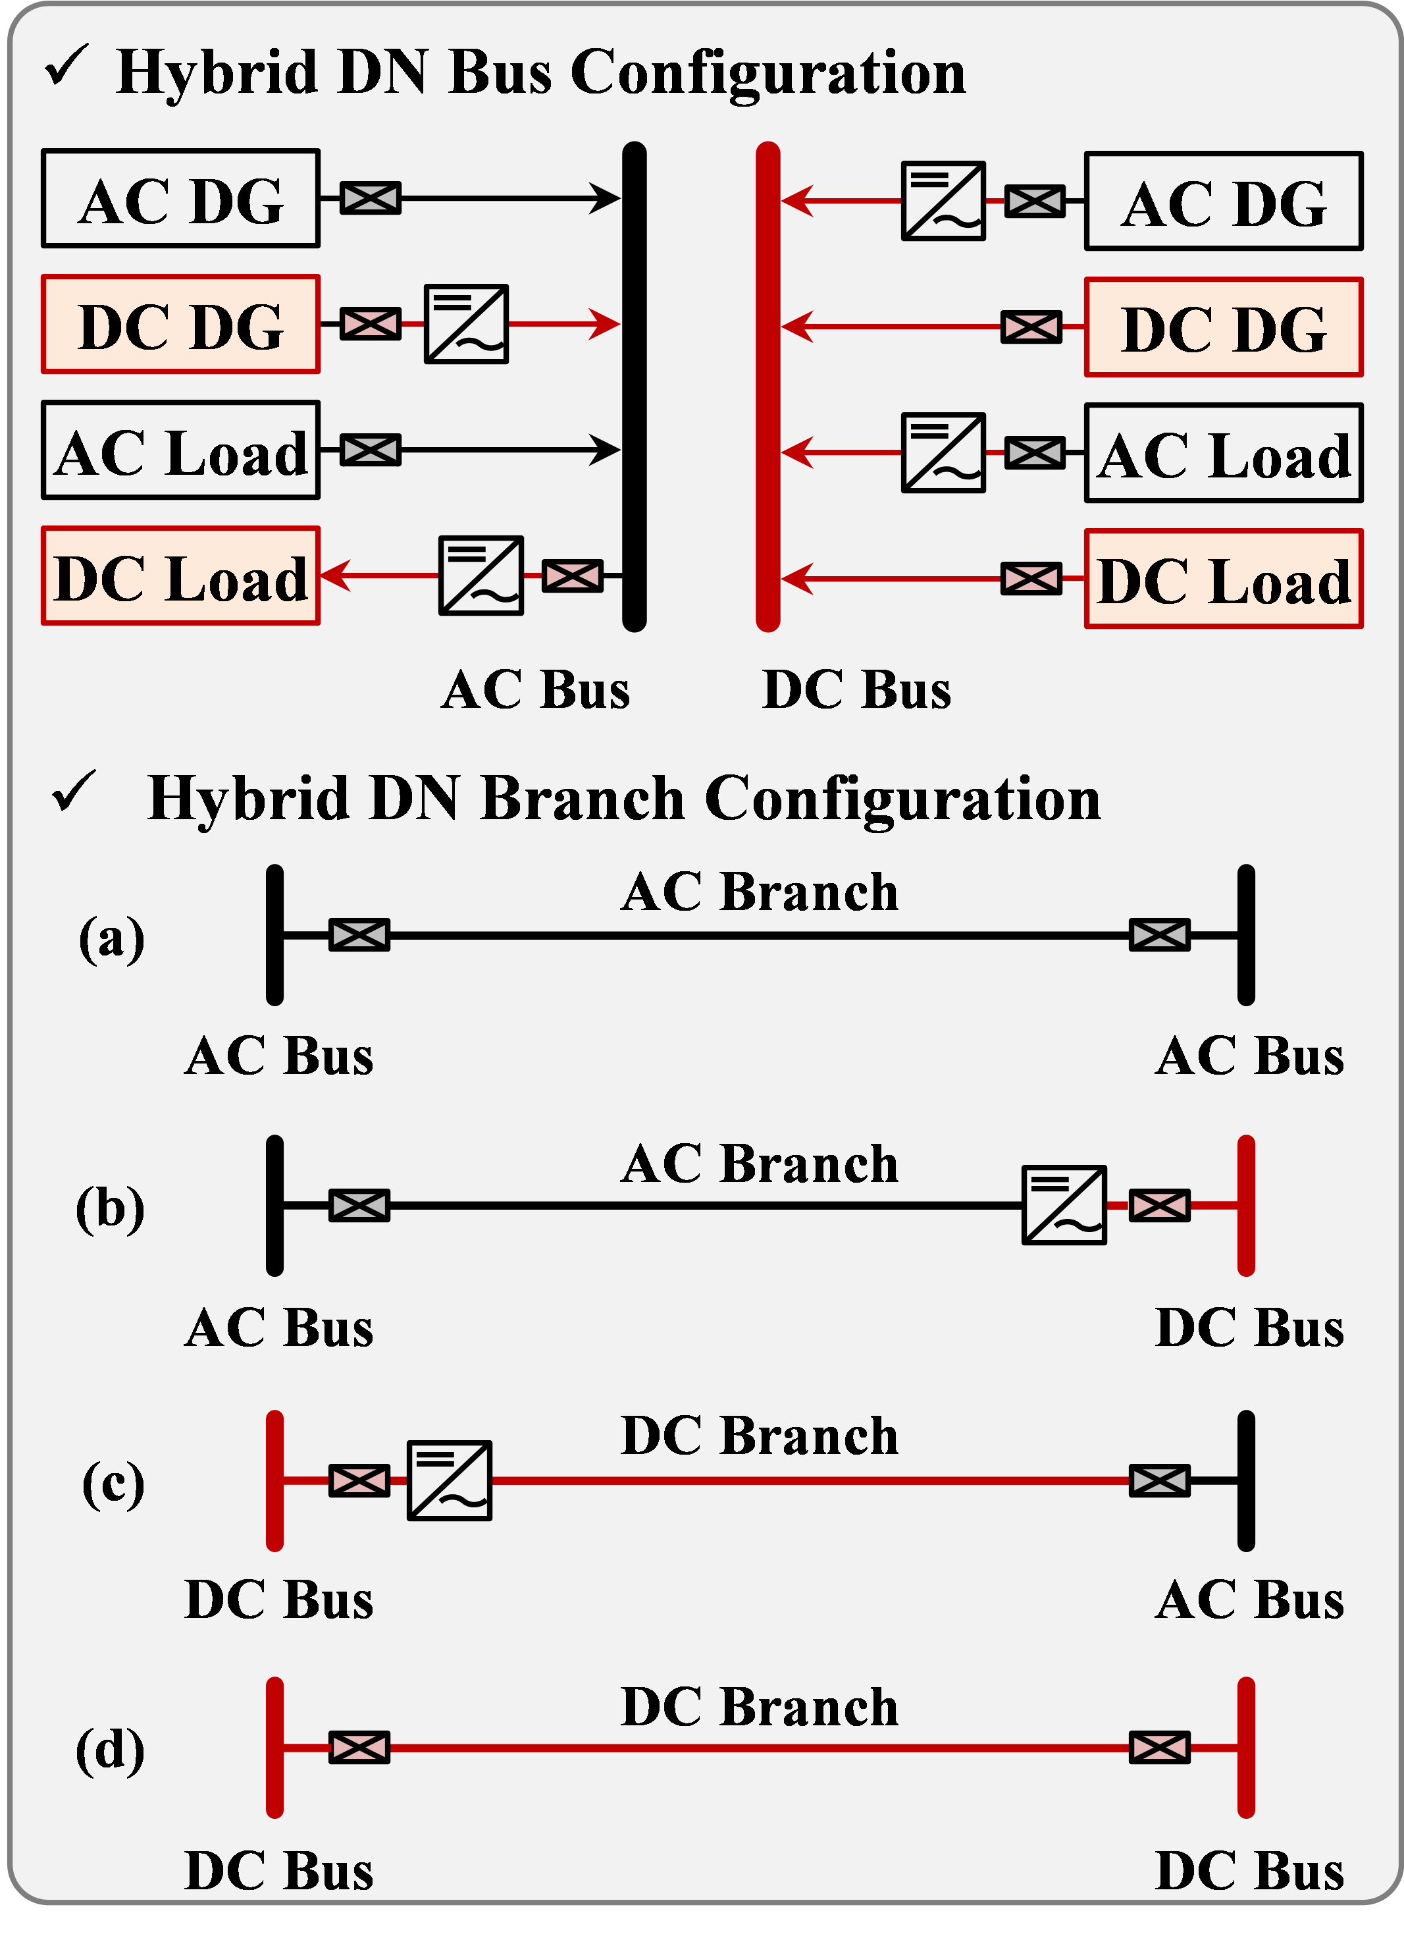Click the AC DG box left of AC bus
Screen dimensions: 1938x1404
pyautogui.click(x=180, y=199)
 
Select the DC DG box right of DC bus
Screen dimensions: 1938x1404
pyautogui.click(x=1223, y=327)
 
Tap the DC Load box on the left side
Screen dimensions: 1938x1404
pyautogui.click(x=180, y=577)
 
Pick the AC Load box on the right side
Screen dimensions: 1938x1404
pyautogui.click(x=1223, y=454)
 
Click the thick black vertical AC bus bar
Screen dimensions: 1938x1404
pyautogui.click(x=634, y=387)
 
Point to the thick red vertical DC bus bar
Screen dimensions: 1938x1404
pyautogui.click(x=767, y=387)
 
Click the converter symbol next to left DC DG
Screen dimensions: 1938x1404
pyautogui.click(x=466, y=325)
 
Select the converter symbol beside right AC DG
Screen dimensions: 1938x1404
pyautogui.click(x=943, y=202)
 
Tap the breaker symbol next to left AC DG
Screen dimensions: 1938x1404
pyautogui.click(x=370, y=198)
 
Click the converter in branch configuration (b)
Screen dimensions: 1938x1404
pyautogui.click(x=1064, y=1205)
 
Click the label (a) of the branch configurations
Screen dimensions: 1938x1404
pyautogui.click(x=112, y=938)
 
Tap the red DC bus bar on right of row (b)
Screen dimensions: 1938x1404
pyautogui.click(x=1246, y=1206)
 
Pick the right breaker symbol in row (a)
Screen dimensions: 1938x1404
pyautogui.click(x=1159, y=935)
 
